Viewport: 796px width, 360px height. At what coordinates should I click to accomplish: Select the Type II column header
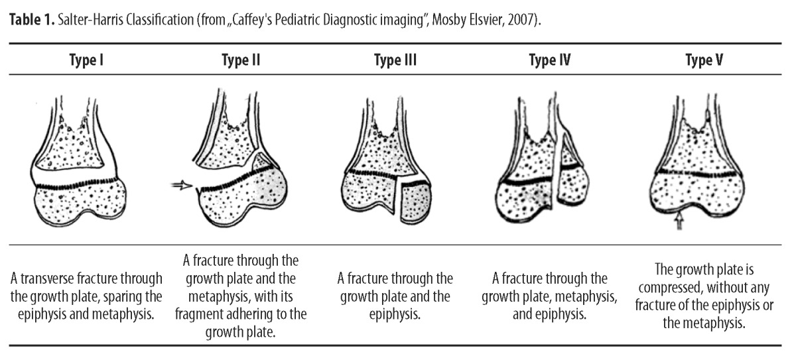[x=240, y=61]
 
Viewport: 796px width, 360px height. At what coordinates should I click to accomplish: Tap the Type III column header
[x=395, y=61]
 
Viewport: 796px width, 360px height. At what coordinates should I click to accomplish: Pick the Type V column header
[x=704, y=61]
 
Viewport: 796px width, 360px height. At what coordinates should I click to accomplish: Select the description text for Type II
[x=240, y=295]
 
